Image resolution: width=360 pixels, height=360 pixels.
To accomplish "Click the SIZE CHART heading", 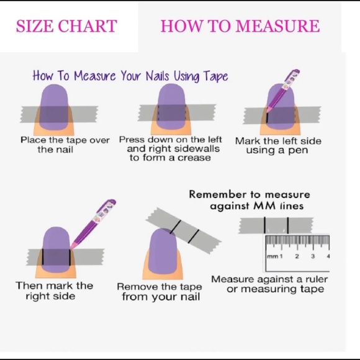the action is click(66, 25).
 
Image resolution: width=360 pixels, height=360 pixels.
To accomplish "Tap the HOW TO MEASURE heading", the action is click(240, 25).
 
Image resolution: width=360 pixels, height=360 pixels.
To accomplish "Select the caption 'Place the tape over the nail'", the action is click(65, 145).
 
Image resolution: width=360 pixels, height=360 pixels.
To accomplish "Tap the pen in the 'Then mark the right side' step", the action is click(94, 224).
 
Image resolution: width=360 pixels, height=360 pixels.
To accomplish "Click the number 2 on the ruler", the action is click(297, 256).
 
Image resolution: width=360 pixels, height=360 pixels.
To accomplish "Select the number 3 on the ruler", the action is click(312, 256).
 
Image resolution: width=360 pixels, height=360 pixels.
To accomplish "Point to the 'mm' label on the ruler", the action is click(272, 256).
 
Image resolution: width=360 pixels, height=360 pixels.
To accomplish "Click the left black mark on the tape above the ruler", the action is click(264, 225).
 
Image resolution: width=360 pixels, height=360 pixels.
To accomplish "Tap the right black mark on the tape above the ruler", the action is click(288, 225).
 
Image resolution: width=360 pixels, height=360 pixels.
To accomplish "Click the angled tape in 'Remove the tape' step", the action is click(184, 230).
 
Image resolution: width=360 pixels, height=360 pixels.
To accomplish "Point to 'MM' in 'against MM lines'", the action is click(264, 205).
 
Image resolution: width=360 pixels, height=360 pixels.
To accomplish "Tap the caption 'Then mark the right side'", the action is click(54, 290).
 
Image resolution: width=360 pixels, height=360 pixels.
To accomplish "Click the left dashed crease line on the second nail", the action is click(158, 113).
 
